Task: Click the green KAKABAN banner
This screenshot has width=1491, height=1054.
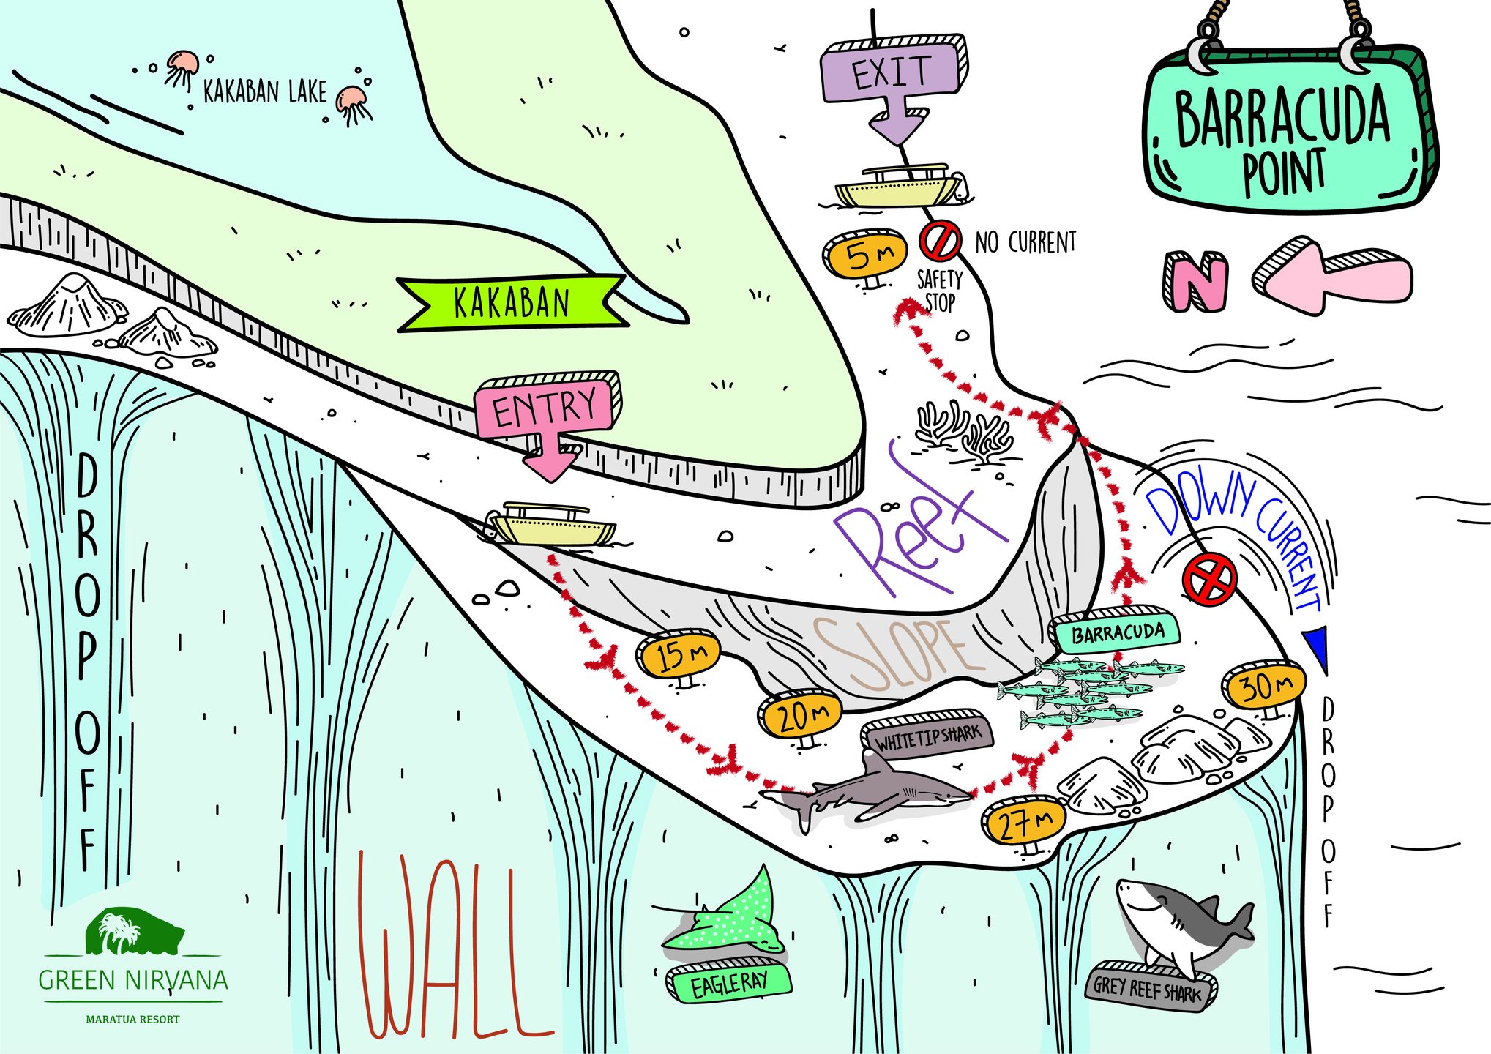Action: coord(512,303)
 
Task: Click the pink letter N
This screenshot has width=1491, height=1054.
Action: coord(1195,281)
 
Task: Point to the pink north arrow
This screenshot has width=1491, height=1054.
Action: coord(1331,276)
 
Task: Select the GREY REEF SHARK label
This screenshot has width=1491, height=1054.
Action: coord(1151,987)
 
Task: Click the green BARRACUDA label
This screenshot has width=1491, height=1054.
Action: coord(1116,629)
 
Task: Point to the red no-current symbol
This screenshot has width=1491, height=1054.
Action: coord(940,241)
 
